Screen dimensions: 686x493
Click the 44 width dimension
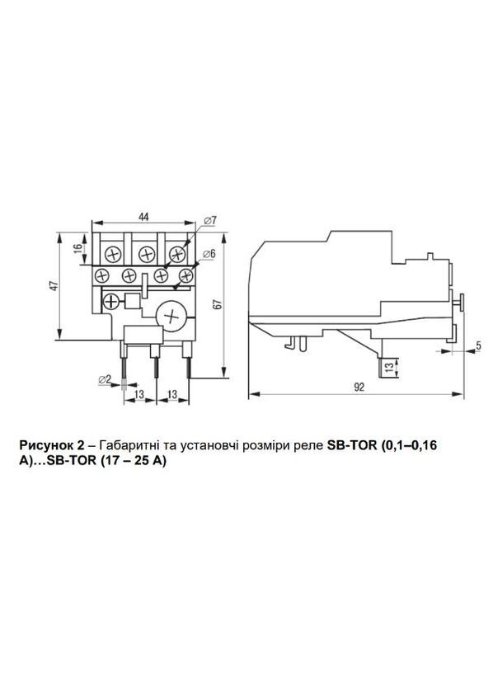[143, 217]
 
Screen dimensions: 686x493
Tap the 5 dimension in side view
[478, 346]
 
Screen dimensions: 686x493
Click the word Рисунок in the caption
[45, 445]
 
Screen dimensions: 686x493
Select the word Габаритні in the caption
[125, 445]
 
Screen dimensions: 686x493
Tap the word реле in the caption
[298, 445]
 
